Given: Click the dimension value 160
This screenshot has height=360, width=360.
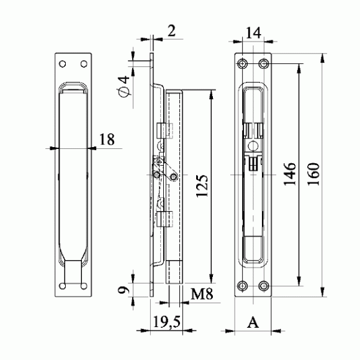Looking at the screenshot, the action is (313, 174).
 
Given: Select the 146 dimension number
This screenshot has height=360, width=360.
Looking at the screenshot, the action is (289, 174).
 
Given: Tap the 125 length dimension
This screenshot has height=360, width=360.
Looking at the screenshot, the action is (202, 186).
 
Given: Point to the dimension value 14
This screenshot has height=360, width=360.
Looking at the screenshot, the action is (253, 33).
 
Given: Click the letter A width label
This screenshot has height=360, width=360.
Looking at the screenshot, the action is (253, 322).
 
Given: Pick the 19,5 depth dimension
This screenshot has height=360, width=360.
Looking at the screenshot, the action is (167, 322).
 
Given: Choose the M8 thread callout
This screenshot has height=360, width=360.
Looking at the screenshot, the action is (202, 294).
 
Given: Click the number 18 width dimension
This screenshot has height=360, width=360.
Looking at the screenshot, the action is (107, 139).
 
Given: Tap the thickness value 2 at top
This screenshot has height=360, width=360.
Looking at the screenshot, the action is (171, 31).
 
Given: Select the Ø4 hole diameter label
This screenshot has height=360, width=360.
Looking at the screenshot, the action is (124, 86).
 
